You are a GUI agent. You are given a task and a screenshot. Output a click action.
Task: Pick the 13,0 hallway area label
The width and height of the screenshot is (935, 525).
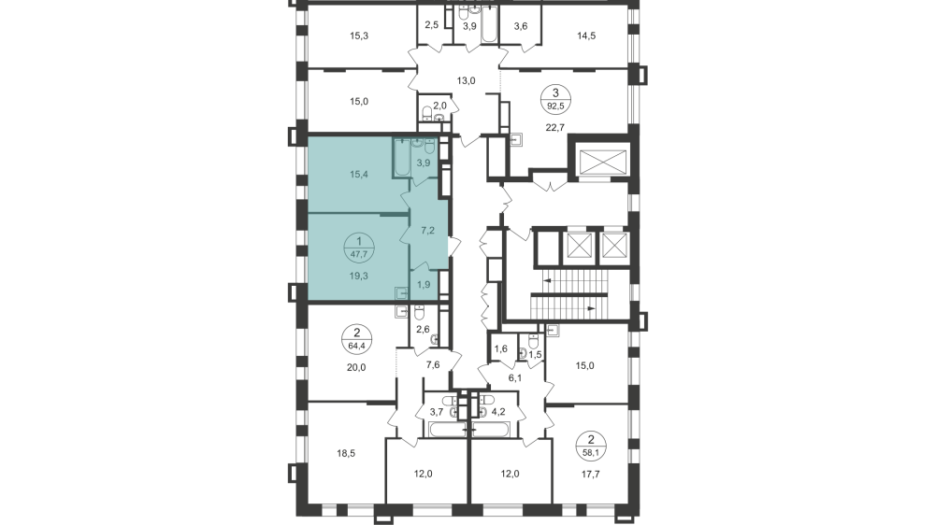point(466,80)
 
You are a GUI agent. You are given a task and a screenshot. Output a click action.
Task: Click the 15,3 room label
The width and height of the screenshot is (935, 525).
point(359,36)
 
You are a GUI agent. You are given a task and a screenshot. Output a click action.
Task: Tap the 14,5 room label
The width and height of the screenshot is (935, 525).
point(586,36)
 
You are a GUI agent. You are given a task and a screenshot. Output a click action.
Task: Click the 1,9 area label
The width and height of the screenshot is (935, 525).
point(422,284)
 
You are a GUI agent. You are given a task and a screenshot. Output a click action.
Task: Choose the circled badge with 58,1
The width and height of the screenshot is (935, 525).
point(591,444)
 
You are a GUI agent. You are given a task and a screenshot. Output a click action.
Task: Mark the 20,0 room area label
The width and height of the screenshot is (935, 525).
point(356,367)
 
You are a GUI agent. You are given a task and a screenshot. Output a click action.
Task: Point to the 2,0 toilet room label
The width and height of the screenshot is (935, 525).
point(439,106)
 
